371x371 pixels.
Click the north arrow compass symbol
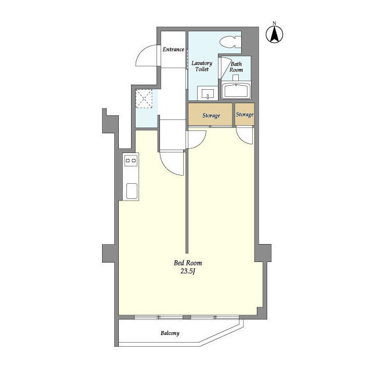(274, 35)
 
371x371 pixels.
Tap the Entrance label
(173, 49)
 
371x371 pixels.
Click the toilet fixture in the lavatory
(231, 42)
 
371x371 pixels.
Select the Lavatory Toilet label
(202, 66)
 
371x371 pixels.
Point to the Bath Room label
(236, 67)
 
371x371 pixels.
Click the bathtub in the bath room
(236, 90)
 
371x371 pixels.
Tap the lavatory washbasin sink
(208, 93)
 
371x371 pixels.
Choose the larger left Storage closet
(210, 115)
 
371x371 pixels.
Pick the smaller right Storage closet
(245, 114)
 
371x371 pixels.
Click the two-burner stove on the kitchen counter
(130, 161)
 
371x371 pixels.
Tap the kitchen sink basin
(132, 191)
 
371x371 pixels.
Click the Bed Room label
(188, 263)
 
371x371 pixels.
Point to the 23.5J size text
(188, 271)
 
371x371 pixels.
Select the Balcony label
(170, 333)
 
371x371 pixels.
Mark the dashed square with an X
(144, 99)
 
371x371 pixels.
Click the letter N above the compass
(274, 23)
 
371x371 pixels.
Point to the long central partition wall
(187, 201)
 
